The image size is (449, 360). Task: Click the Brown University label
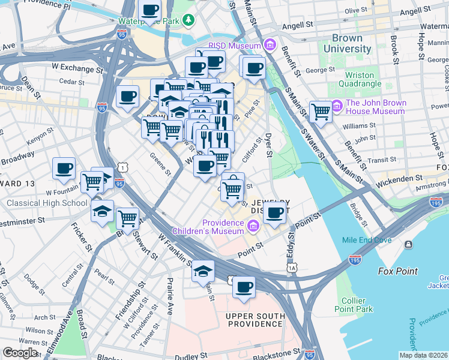(347, 43)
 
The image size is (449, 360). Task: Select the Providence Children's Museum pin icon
(253, 226)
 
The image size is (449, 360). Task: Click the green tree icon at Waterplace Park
(189, 21)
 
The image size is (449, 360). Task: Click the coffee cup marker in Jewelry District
(275, 212)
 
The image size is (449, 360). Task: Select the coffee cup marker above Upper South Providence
(243, 287)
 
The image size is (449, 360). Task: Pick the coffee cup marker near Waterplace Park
(149, 10)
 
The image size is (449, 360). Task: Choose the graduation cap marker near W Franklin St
(203, 271)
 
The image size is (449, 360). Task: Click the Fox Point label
(398, 271)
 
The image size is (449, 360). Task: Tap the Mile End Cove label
(367, 240)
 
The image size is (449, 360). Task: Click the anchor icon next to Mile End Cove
(408, 244)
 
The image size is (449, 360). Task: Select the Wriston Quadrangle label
(368, 80)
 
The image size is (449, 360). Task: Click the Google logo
(20, 352)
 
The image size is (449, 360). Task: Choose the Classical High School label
(47, 203)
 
